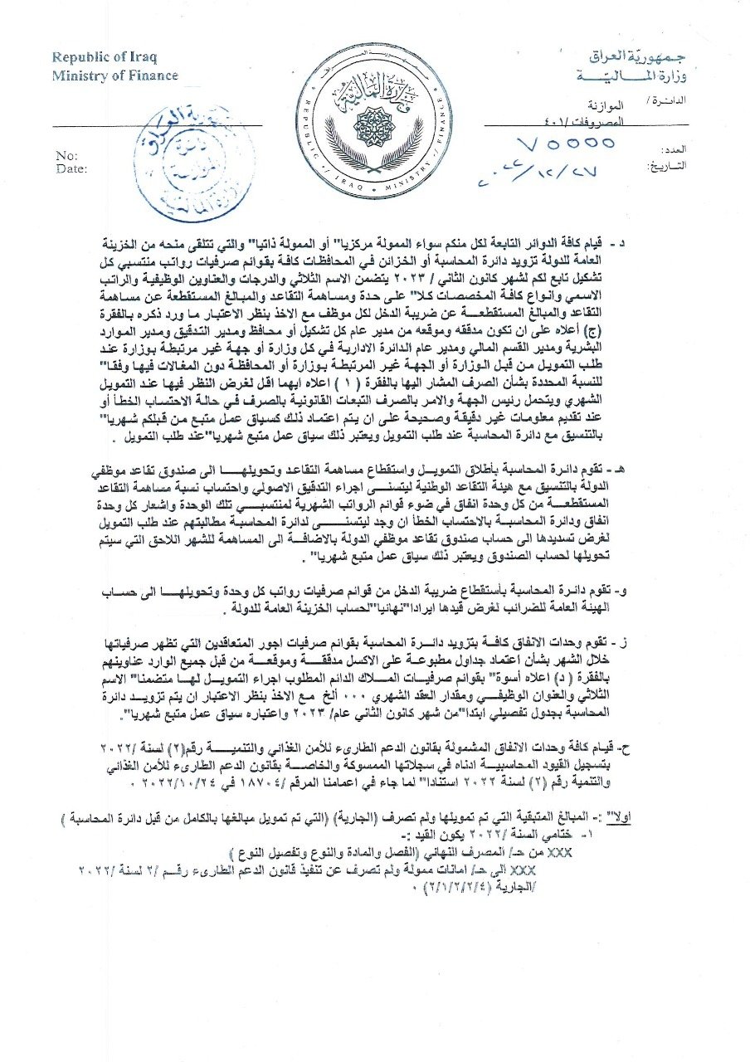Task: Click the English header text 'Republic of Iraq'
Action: (104, 57)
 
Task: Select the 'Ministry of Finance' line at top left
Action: (114, 76)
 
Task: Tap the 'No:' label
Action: (66, 156)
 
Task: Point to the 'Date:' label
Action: (71, 168)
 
